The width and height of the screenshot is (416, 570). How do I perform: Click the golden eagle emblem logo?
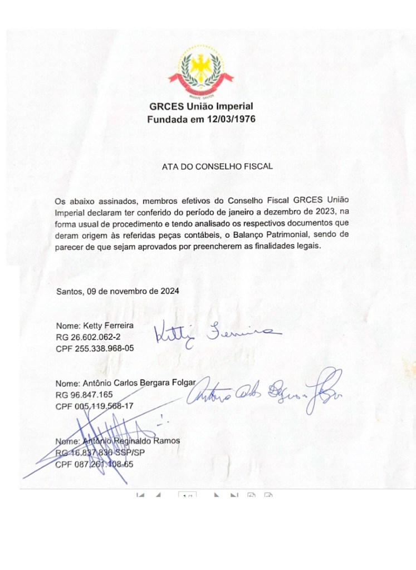tap(201, 72)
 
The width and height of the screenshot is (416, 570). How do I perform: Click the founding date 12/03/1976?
tap(230, 119)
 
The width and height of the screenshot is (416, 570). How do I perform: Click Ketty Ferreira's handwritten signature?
tap(214, 334)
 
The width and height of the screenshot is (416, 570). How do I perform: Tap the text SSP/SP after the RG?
tap(128, 453)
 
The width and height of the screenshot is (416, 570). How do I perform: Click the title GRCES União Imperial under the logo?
tap(201, 106)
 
